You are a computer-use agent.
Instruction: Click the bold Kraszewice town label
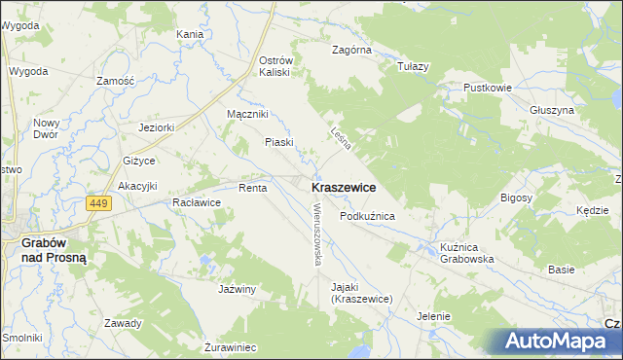[x=345, y=186]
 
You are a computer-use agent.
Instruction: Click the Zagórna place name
[x=351, y=49]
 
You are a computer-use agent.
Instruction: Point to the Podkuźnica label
[x=366, y=216]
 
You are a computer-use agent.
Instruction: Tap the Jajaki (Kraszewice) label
[x=360, y=293]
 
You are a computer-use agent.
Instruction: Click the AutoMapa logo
[x=559, y=342]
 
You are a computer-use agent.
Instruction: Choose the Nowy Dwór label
[x=46, y=127]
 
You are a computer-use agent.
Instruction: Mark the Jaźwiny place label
[x=237, y=289]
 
